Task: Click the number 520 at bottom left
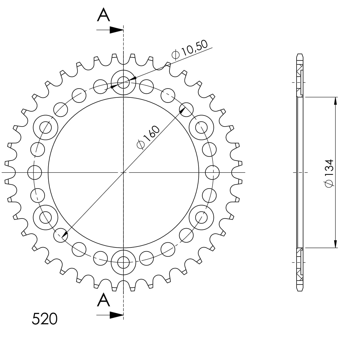45,319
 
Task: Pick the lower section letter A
103,301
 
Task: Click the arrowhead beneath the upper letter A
117,30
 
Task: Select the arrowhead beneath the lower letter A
117,315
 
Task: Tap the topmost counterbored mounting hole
123,82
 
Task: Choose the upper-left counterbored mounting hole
45,127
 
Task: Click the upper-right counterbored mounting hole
201,127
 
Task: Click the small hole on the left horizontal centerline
35,173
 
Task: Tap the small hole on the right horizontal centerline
213,173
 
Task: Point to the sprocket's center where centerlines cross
123,173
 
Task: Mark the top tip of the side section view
300,54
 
